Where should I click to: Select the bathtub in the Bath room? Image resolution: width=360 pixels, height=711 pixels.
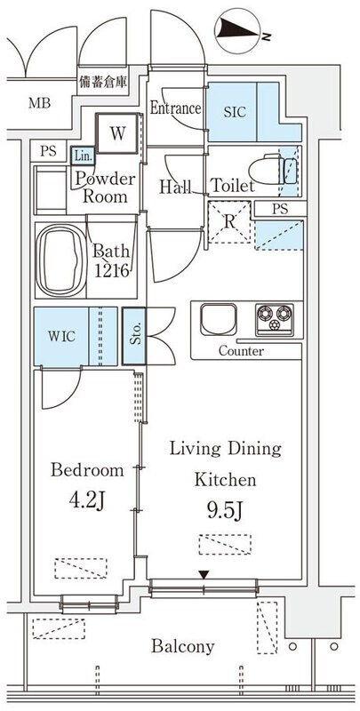[60, 260]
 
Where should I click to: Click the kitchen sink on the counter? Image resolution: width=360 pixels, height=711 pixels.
[219, 319]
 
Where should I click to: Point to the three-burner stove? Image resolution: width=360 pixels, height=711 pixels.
[275, 320]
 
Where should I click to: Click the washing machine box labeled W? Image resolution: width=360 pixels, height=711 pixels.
[117, 133]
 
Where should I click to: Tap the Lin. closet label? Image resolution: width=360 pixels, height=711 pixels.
[83, 156]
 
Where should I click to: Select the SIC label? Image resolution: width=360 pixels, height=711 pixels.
[235, 112]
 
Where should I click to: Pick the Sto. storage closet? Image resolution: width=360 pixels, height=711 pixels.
[134, 336]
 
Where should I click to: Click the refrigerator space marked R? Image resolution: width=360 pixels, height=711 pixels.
[229, 222]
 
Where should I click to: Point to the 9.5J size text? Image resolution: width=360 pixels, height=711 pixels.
[226, 512]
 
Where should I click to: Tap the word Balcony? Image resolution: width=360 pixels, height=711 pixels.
[183, 647]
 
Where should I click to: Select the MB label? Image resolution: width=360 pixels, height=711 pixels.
[40, 103]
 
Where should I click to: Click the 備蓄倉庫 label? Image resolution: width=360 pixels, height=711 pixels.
[103, 83]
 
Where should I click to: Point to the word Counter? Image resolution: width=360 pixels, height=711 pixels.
[241, 351]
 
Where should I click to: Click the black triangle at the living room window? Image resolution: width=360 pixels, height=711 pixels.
[204, 575]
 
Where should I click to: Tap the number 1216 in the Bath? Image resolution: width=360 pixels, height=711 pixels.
[112, 271]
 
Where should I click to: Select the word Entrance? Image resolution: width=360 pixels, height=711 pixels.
[175, 108]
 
